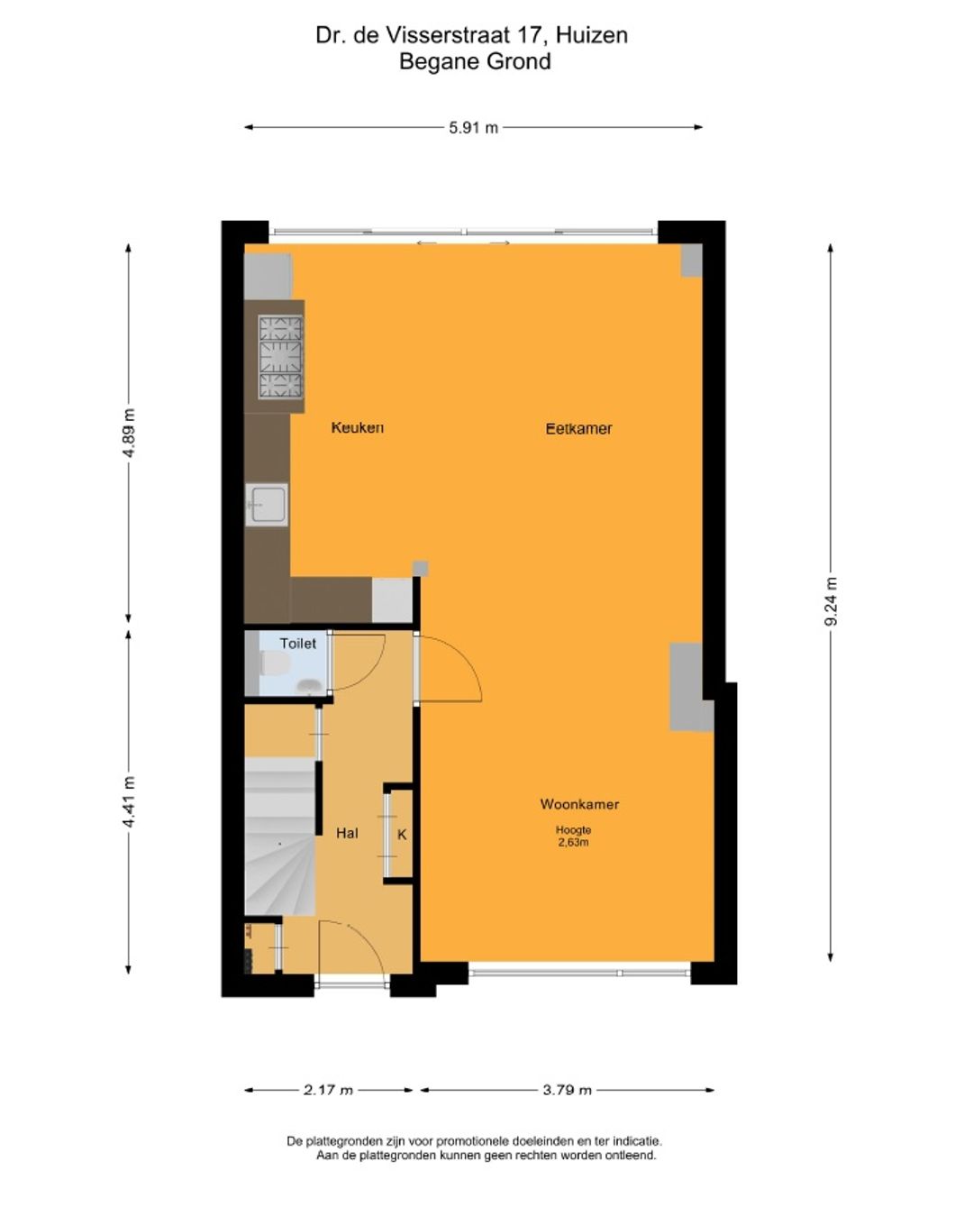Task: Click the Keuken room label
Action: click(357, 427)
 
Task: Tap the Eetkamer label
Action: click(578, 428)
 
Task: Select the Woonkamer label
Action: click(579, 804)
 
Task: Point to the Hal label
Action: click(347, 833)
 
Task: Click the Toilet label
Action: click(297, 644)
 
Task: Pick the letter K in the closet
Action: click(402, 835)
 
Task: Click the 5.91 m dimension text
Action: click(473, 128)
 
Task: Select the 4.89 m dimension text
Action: click(129, 433)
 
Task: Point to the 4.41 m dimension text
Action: click(129, 801)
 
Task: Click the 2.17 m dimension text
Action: click(329, 1090)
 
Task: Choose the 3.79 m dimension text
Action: click(568, 1090)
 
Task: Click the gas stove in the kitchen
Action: click(280, 357)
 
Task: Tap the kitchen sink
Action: click(267, 505)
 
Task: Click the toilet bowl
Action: click(274, 663)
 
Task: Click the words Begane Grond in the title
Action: click(475, 61)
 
